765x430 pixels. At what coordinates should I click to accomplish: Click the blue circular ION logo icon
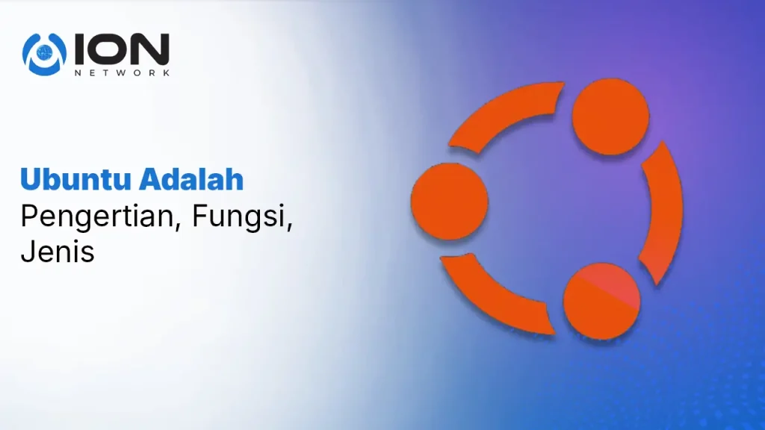click(44, 54)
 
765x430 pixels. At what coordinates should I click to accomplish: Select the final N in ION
click(151, 49)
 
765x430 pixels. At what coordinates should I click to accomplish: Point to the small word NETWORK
click(122, 72)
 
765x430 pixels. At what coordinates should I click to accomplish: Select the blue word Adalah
click(191, 179)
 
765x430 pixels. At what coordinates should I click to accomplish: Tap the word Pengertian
click(97, 216)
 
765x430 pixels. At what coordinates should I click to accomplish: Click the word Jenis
click(58, 252)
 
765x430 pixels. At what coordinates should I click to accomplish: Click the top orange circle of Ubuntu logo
click(610, 117)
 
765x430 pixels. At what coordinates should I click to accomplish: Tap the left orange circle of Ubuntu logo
click(449, 202)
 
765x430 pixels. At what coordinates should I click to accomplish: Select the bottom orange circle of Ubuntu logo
click(601, 302)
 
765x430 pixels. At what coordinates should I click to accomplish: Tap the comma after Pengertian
click(177, 225)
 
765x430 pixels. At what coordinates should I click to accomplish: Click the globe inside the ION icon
click(44, 51)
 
